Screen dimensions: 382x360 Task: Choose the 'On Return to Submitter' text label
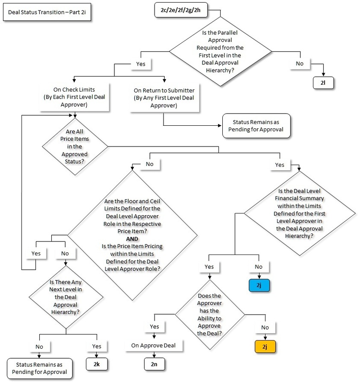[164, 98]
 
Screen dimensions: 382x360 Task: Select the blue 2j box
[259, 286]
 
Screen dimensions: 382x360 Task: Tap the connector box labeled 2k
[97, 364]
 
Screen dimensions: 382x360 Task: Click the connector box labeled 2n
[154, 364]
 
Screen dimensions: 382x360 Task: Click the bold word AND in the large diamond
[132, 239]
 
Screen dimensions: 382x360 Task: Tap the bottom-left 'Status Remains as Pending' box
[39, 368]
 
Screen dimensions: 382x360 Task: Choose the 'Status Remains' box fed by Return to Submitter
[256, 126]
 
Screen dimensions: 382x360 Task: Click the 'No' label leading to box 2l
[300, 64]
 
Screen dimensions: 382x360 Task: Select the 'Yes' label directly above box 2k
[97, 346]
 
